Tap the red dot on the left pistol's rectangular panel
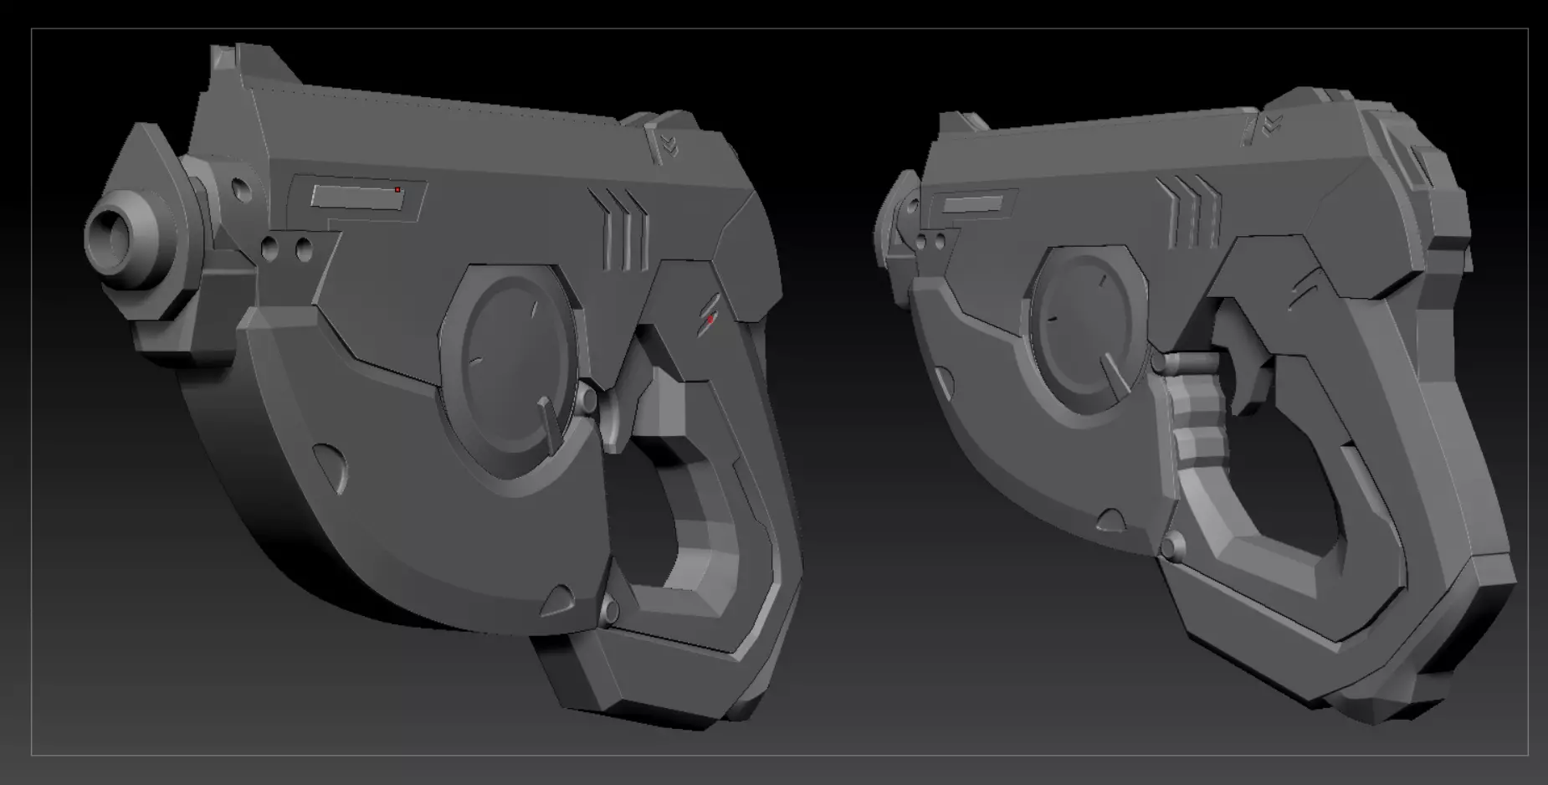(397, 190)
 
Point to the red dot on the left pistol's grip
(710, 319)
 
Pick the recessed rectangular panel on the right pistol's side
(971, 203)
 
